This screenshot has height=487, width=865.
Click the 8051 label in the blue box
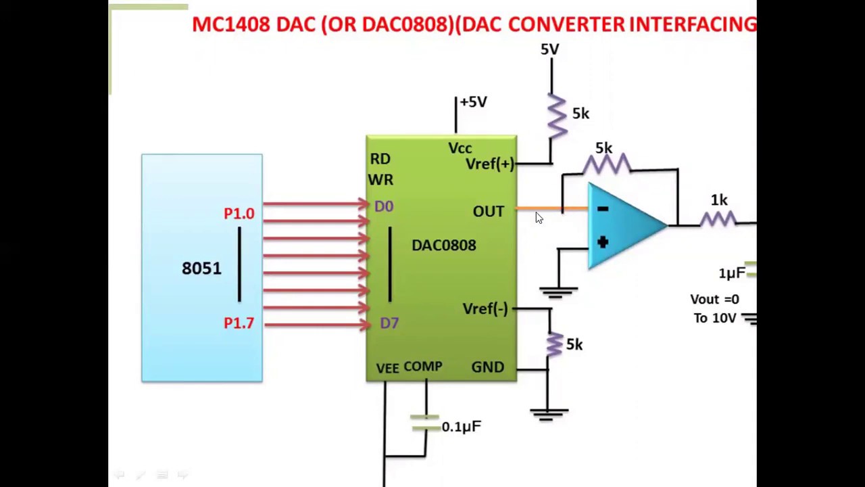201,269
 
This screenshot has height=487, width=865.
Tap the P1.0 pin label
239,214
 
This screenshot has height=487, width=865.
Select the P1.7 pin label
239,323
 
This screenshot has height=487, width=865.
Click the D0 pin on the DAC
383,206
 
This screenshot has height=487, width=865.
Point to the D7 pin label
389,323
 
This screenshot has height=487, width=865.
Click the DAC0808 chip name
443,246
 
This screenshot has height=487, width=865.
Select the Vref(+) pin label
489,164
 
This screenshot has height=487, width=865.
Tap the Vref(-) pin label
485,309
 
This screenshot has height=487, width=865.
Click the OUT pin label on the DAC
488,212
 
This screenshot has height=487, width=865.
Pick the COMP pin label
422,367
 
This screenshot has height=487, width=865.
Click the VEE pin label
387,368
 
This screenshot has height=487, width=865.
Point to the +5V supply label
473,102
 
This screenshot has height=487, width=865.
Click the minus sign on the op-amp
602,210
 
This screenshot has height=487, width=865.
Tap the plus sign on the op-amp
602,241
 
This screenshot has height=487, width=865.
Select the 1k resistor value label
719,200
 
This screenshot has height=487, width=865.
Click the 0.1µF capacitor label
461,427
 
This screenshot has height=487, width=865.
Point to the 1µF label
732,273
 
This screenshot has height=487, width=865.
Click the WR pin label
380,180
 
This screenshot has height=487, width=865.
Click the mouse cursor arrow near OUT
539,218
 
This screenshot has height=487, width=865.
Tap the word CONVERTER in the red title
566,24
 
